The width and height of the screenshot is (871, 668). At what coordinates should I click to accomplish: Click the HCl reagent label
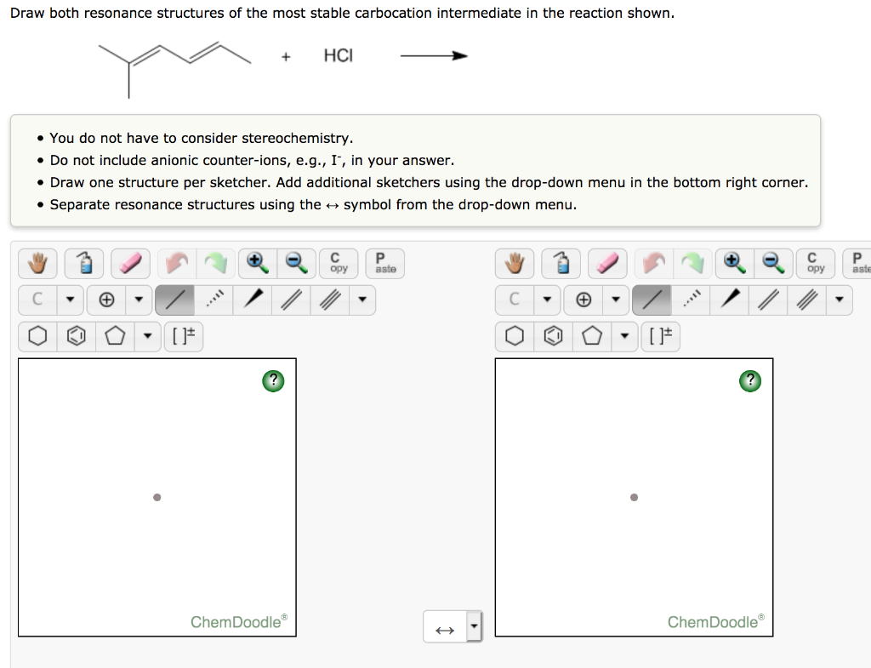pyautogui.click(x=338, y=56)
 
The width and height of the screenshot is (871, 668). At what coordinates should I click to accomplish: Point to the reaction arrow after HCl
pyautogui.click(x=434, y=56)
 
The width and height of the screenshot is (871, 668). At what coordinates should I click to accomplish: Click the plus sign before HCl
pyautogui.click(x=287, y=57)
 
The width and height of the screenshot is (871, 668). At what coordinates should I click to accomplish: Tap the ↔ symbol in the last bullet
pyautogui.click(x=332, y=204)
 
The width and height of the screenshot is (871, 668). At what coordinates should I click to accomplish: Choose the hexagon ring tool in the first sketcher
pyautogui.click(x=37, y=336)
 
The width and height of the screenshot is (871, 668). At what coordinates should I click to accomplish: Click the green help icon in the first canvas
pyautogui.click(x=273, y=380)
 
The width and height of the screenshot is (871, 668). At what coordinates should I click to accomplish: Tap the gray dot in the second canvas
pyautogui.click(x=633, y=498)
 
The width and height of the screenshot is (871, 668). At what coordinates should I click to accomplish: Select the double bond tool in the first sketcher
pyautogui.click(x=291, y=300)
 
